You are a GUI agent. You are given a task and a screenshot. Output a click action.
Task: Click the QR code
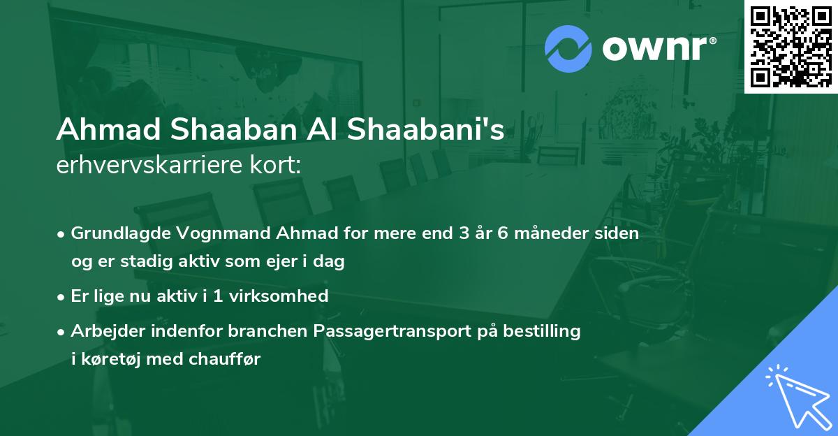pyautogui.click(x=791, y=46)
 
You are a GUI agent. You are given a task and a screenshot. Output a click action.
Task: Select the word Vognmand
pyautogui.click(x=200, y=233)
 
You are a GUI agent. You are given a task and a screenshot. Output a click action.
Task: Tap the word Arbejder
pyautogui.click(x=105, y=330)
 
